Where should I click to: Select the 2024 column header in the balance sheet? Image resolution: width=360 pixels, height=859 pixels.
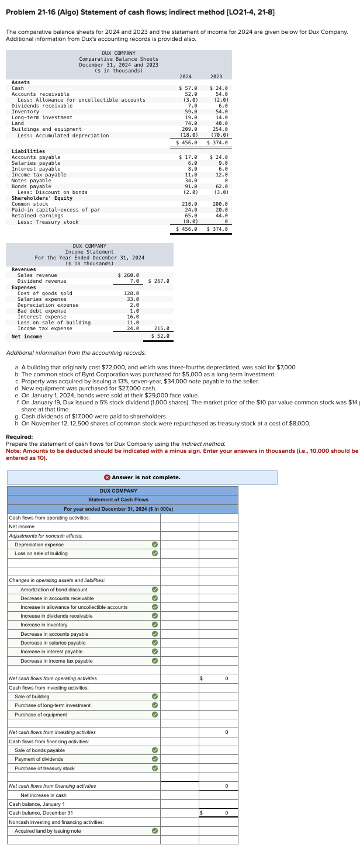(186, 77)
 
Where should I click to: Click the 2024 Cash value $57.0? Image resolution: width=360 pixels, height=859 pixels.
(188, 88)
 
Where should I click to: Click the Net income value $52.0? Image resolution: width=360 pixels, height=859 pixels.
(160, 336)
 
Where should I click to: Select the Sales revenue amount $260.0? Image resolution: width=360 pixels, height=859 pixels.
(128, 275)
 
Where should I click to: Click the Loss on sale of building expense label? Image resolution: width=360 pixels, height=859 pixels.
(54, 323)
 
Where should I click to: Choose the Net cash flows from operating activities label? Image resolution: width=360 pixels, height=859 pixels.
(53, 678)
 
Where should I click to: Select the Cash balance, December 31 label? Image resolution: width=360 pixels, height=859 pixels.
(41, 813)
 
